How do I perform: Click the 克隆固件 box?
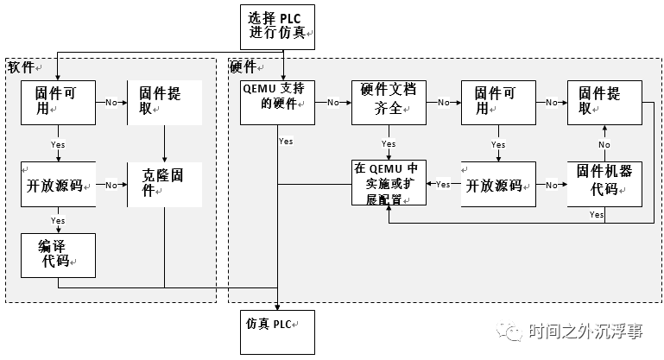(164, 183)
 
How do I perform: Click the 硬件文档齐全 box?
(389, 102)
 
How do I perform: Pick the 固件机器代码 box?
(604, 183)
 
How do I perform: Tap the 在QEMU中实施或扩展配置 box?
(389, 183)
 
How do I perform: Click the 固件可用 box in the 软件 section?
(58, 102)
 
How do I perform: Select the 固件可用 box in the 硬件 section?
(497, 102)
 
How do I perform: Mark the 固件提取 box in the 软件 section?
(164, 102)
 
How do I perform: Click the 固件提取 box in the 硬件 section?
(604, 102)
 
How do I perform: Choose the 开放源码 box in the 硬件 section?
(497, 183)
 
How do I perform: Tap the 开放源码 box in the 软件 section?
(58, 183)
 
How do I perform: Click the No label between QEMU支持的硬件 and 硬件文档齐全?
(332, 102)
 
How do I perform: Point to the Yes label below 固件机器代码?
(596, 214)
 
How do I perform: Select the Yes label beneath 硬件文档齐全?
(389, 143)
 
